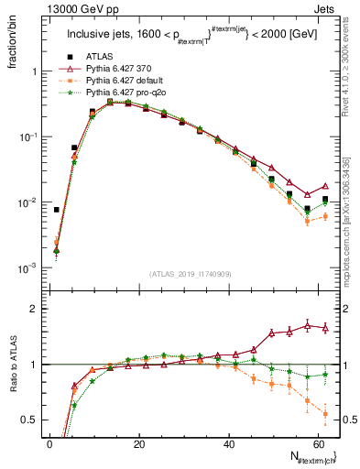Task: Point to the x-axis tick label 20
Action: click(x=138, y=443)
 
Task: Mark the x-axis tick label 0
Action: click(x=49, y=443)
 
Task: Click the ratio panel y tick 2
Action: click(x=37, y=309)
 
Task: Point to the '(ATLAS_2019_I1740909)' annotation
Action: click(x=191, y=274)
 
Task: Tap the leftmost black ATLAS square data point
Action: click(x=57, y=210)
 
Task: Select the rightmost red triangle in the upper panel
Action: click(x=325, y=186)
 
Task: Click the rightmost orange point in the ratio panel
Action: click(x=325, y=414)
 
